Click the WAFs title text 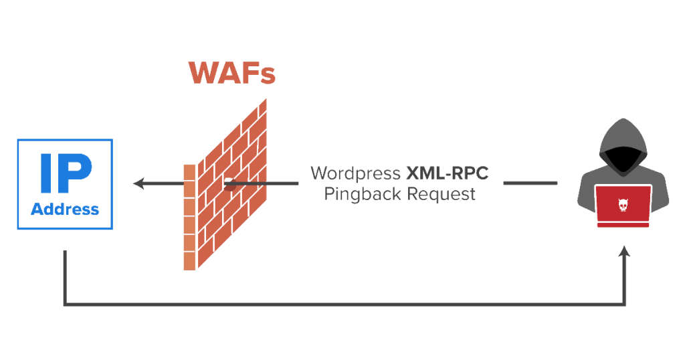231,73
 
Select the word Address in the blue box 65,209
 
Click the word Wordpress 355,173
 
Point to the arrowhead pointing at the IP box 139,183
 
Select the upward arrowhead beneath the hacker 625,251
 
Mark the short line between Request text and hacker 530,183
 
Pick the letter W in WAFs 203,73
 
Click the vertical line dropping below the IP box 64,278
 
